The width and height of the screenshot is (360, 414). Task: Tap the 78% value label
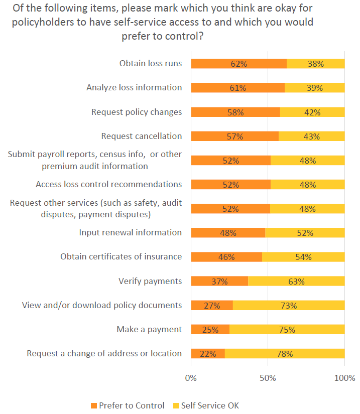click(285, 354)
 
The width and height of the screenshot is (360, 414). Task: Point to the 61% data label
click(237, 88)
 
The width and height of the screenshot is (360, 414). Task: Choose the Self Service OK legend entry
click(206, 405)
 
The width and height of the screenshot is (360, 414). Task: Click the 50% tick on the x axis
click(268, 377)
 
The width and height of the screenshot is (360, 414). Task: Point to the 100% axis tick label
click(344, 377)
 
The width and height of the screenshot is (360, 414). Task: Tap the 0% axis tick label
click(191, 377)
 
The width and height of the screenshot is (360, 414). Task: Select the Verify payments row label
click(150, 281)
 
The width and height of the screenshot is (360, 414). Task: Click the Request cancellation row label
click(142, 136)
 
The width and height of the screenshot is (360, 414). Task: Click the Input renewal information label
click(131, 232)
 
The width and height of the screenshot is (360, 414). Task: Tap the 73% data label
click(289, 306)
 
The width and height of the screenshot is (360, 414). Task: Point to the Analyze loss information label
click(134, 87)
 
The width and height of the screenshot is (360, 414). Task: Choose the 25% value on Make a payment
click(210, 330)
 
